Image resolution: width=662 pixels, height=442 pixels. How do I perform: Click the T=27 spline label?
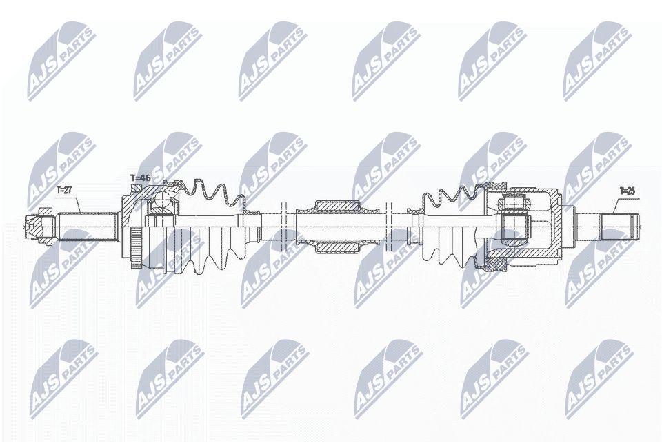[x=63, y=189]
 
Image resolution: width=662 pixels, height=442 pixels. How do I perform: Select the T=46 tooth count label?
[x=140, y=179]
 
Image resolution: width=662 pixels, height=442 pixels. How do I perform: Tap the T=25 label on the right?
[x=627, y=191]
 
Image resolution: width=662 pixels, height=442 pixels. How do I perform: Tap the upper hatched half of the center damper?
[x=336, y=206]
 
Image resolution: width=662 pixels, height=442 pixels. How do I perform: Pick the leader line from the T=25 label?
[x=616, y=204]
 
